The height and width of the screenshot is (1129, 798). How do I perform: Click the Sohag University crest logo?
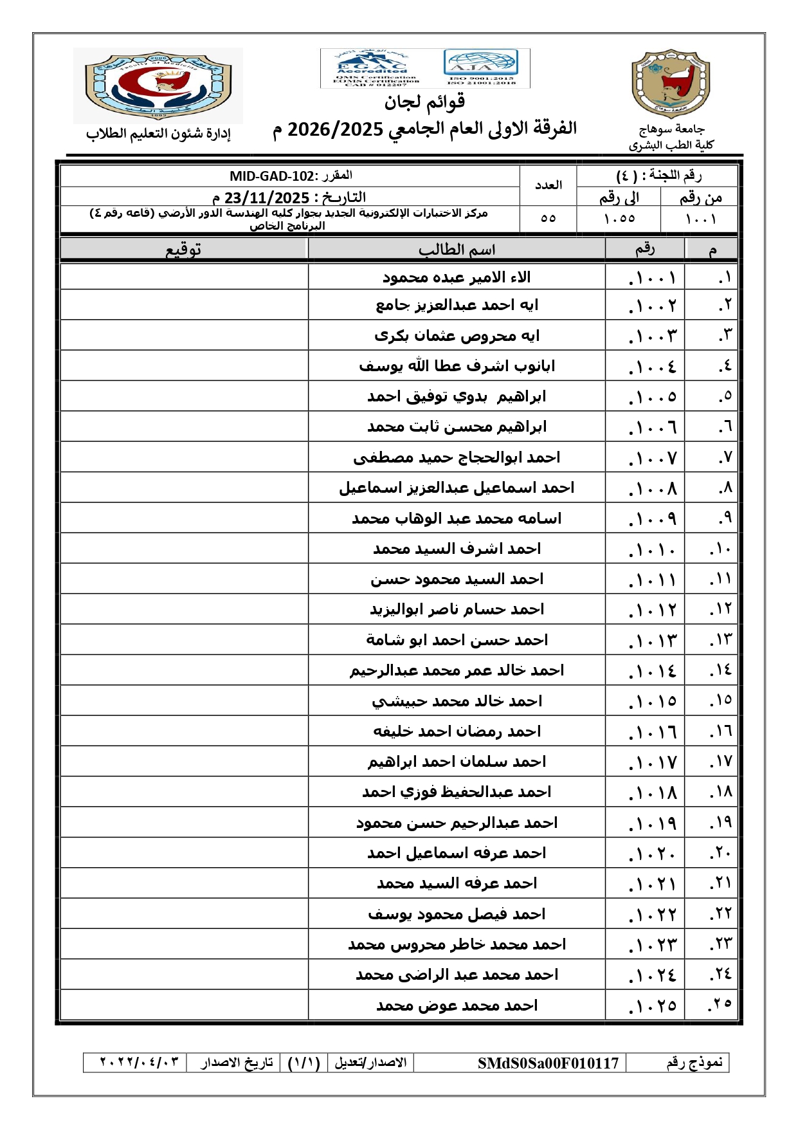point(671,84)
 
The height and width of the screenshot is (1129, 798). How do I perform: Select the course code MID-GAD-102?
point(272,176)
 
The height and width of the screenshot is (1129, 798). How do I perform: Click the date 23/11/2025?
point(267,197)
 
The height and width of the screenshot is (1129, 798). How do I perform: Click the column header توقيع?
point(183,250)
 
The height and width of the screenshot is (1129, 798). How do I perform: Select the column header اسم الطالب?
point(457,250)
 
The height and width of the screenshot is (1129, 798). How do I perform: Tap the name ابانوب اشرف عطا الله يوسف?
point(457,366)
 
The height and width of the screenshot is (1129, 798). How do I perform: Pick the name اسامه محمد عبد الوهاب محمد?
point(457,519)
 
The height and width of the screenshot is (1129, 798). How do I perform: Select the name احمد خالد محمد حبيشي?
point(457,701)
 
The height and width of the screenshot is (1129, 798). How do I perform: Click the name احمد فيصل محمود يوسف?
point(457,914)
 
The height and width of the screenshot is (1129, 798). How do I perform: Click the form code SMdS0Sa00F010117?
point(548,1063)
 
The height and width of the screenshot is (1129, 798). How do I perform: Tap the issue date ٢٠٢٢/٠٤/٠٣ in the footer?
point(139,1062)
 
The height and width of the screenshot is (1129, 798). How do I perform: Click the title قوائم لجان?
point(424,102)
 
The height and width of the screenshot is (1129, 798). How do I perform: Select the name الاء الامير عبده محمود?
point(457,277)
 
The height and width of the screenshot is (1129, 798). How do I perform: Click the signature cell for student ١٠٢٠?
point(184,853)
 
